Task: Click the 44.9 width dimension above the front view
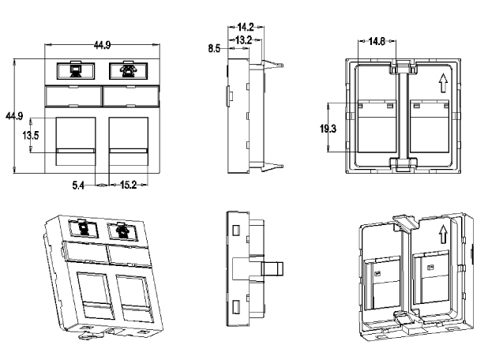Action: [102, 46]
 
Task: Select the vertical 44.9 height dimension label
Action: [14, 116]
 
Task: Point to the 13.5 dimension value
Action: [31, 135]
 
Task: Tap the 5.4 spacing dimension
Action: [78, 186]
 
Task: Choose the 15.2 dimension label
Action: [128, 186]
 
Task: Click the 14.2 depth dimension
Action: [246, 27]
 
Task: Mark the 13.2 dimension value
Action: [243, 39]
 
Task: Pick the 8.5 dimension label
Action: [214, 48]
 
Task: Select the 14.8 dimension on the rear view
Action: [377, 41]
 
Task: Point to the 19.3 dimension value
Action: [328, 128]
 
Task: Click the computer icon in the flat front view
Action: [76, 70]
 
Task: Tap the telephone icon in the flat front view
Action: [128, 70]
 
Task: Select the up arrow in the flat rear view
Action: [443, 83]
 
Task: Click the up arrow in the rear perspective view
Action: [443, 234]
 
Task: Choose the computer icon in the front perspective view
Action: [84, 228]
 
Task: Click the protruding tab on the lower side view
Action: [272, 269]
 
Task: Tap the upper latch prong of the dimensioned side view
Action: [273, 64]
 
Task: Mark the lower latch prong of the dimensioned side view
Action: [273, 166]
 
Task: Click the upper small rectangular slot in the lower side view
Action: [236, 231]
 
